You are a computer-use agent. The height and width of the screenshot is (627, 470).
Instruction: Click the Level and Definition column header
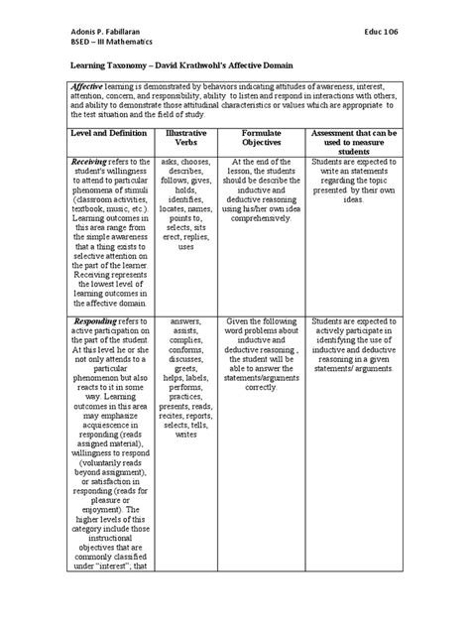(x=103, y=132)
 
